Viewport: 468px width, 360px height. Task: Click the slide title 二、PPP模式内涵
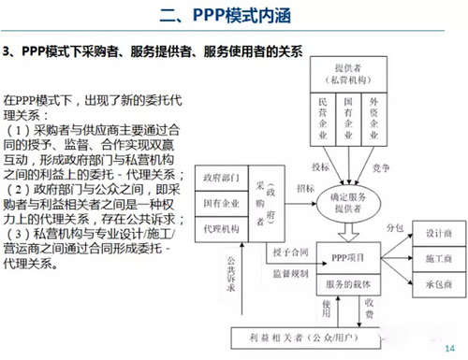coord(233,16)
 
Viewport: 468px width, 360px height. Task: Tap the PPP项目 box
coord(352,256)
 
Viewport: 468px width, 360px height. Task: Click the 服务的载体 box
coord(352,282)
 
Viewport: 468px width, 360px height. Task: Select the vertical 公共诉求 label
coord(230,270)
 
